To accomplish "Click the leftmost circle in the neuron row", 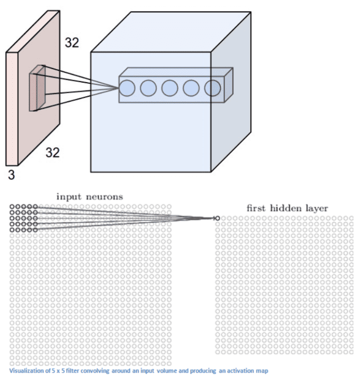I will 127,88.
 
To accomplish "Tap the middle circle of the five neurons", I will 170,88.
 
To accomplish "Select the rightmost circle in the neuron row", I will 212,88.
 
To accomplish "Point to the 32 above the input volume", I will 72,43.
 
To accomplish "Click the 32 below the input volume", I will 52,152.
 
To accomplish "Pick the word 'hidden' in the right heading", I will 287,208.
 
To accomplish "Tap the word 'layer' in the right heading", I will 316,208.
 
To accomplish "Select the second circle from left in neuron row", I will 148,88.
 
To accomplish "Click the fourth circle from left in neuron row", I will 191,88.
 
